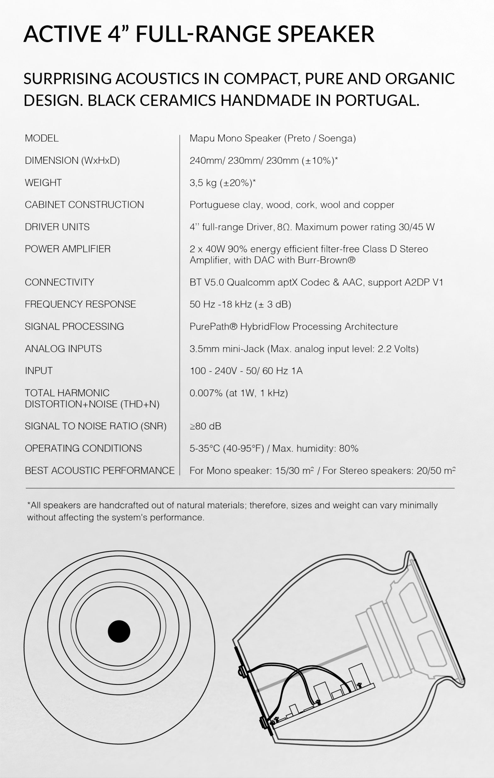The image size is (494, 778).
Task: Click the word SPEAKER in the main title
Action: (x=326, y=34)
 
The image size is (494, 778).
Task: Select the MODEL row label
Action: (x=42, y=138)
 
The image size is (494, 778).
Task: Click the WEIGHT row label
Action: (x=43, y=183)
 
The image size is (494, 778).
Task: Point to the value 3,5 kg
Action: (x=203, y=183)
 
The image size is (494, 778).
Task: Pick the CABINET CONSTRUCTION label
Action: (x=84, y=204)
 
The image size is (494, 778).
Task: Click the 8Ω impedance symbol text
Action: (x=284, y=227)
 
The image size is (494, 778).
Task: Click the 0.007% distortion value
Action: (x=206, y=393)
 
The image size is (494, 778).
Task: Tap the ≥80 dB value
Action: (x=205, y=426)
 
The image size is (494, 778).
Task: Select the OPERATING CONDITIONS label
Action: (x=83, y=448)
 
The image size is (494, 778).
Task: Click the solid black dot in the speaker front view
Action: (x=119, y=631)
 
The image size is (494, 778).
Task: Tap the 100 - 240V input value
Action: (x=214, y=371)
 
